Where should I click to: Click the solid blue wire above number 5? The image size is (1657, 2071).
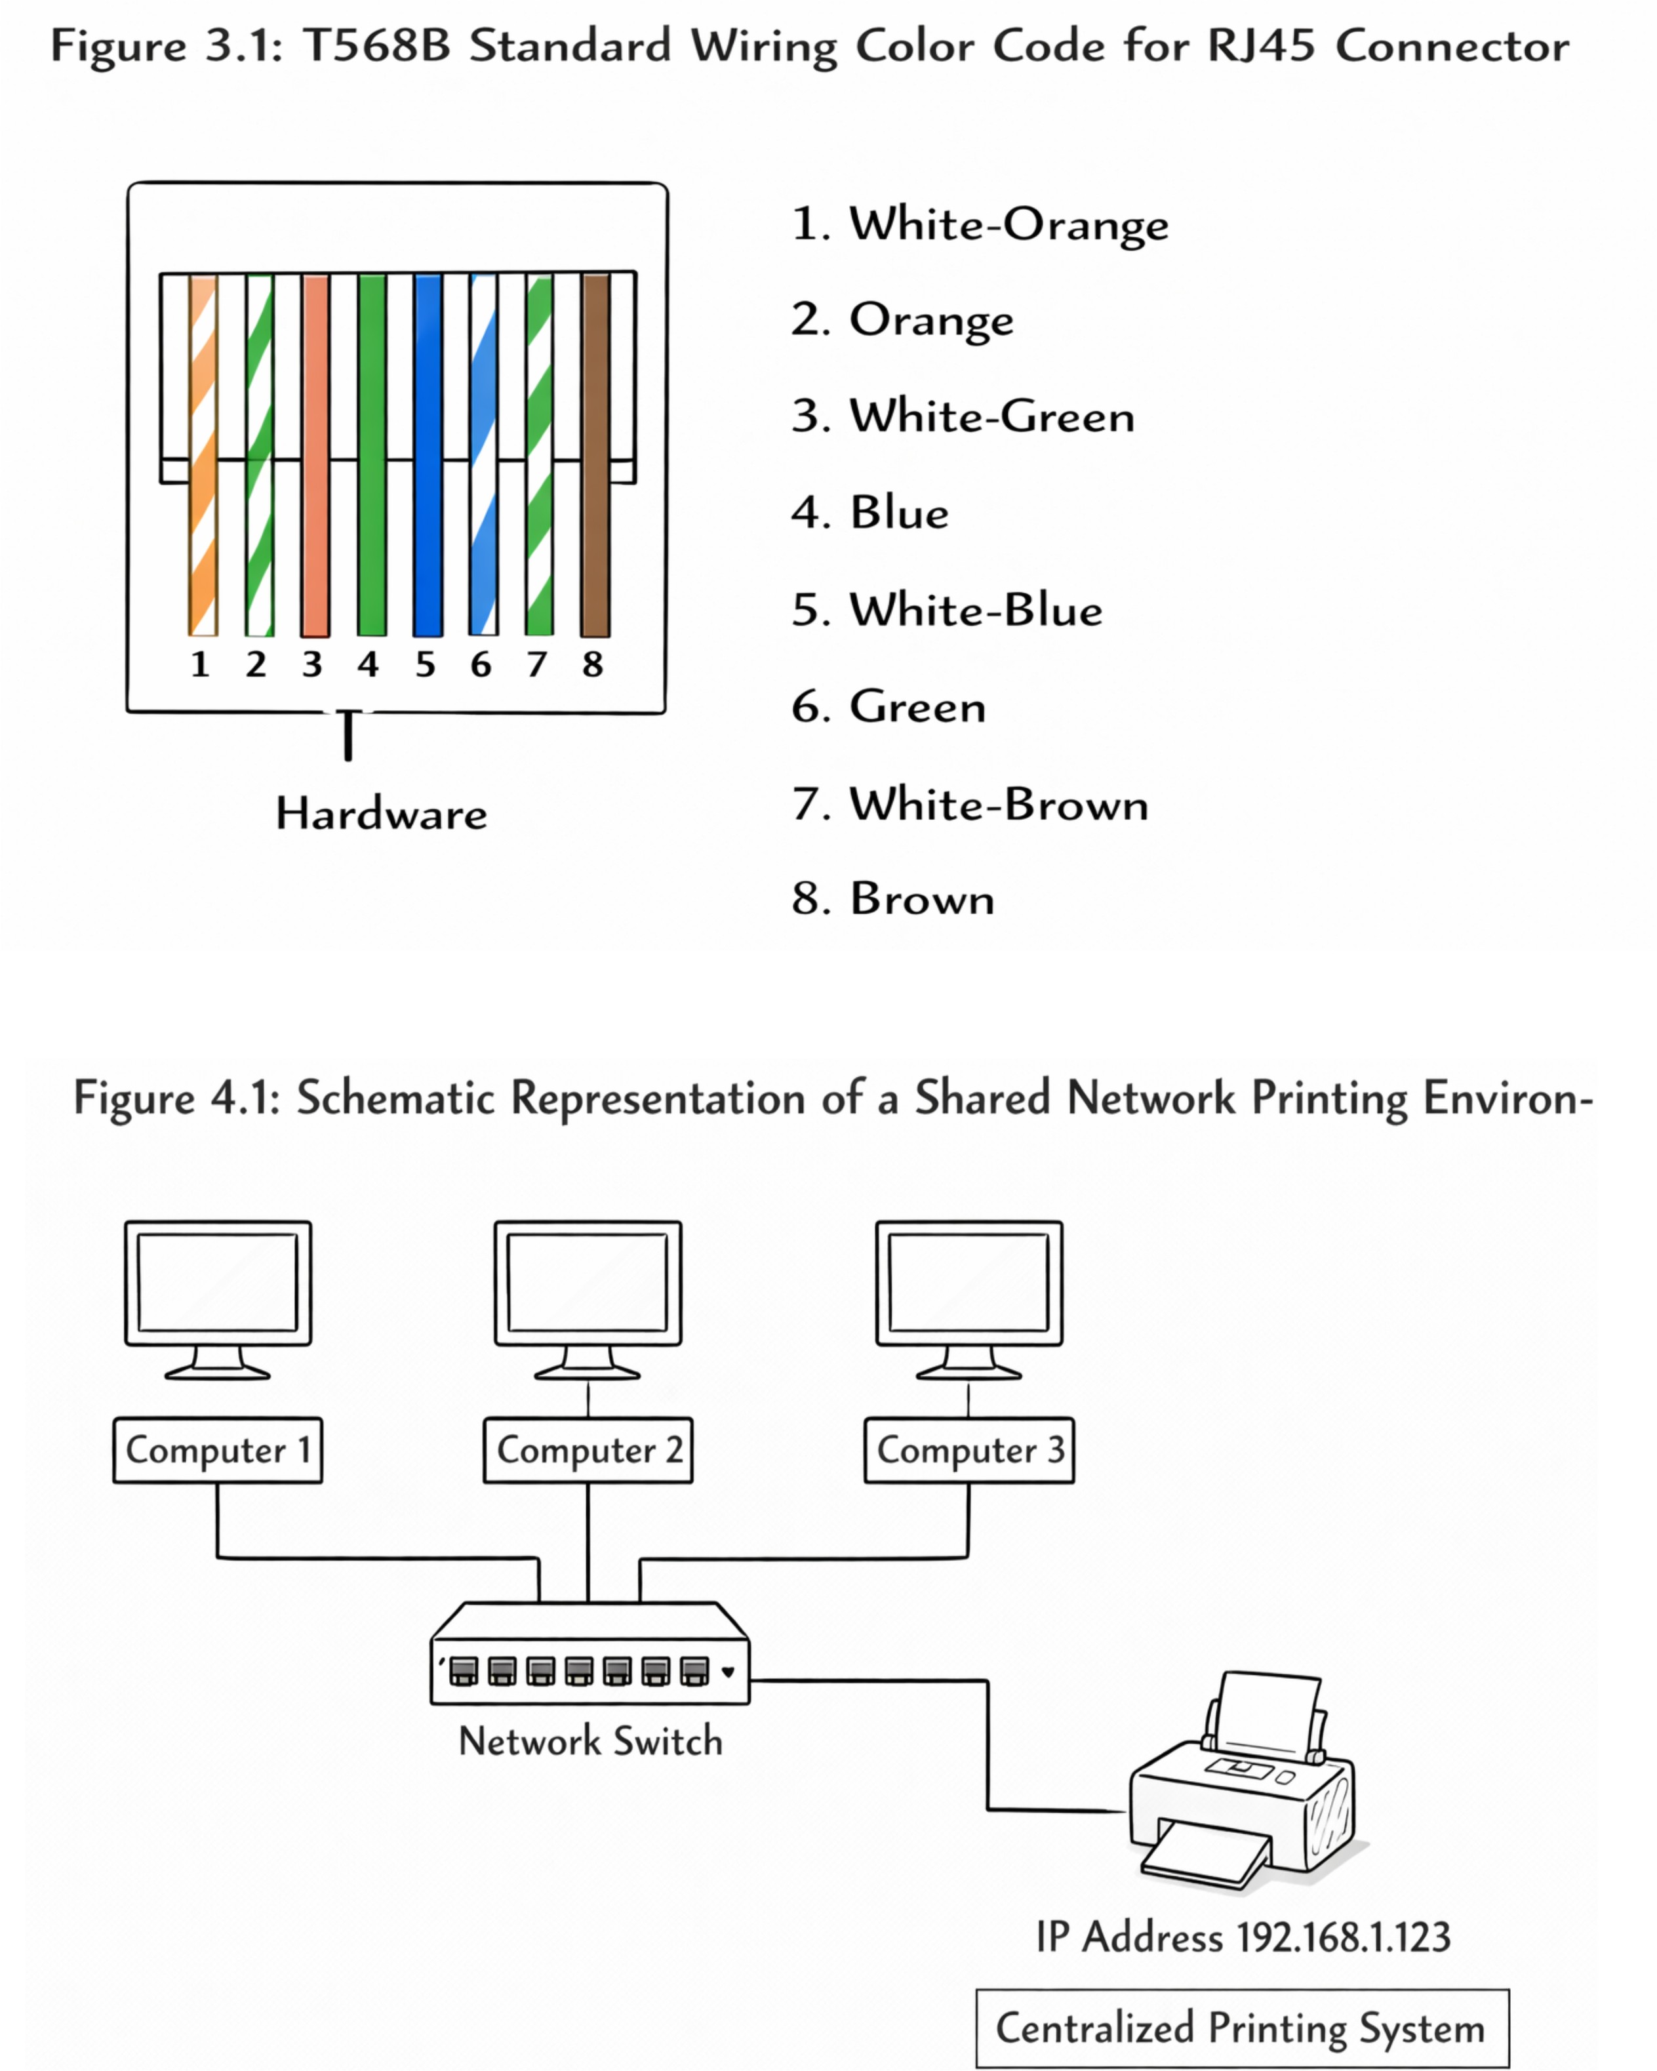(x=428, y=455)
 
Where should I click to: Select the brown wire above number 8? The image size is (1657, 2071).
(x=595, y=455)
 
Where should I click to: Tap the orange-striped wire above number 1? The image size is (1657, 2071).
(x=203, y=455)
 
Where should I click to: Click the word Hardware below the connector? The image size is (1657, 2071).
(x=382, y=814)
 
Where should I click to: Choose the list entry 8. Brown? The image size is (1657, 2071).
(x=893, y=899)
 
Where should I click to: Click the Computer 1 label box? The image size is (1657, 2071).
(x=218, y=1449)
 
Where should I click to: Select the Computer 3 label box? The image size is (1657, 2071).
(x=969, y=1449)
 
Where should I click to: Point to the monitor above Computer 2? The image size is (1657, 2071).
(x=588, y=1300)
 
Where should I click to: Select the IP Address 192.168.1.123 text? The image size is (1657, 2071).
(x=1243, y=1937)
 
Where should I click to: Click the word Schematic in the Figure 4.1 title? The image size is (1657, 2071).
(x=396, y=1097)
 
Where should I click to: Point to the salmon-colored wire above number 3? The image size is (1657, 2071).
(x=315, y=455)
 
